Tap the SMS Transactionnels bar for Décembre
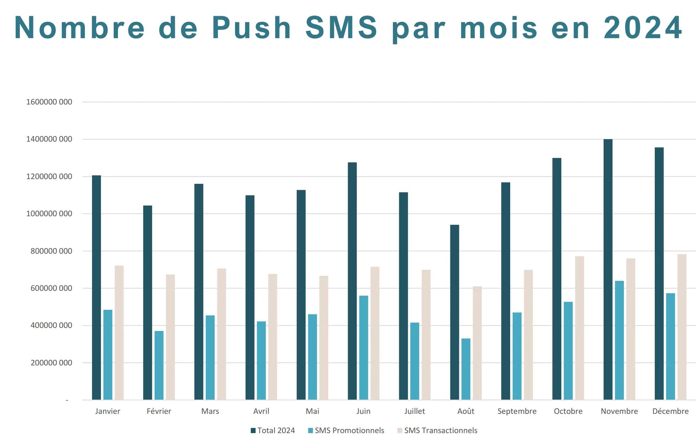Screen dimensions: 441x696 coord(682,327)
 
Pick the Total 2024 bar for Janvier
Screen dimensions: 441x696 coord(97,287)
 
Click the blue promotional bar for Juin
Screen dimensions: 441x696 coord(363,347)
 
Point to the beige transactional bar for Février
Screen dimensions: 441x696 coord(170,337)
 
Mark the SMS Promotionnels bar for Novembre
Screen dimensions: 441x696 coord(619,340)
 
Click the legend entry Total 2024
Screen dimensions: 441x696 coord(273,430)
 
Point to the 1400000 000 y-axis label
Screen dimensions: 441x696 coord(49,139)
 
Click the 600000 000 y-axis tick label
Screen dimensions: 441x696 coord(51,288)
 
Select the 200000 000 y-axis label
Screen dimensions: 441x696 coord(51,363)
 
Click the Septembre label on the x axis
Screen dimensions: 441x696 coord(517,411)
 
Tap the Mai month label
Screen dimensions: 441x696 coord(312,411)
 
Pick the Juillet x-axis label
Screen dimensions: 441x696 coord(414,411)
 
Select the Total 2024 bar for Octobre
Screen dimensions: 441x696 coord(557,278)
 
